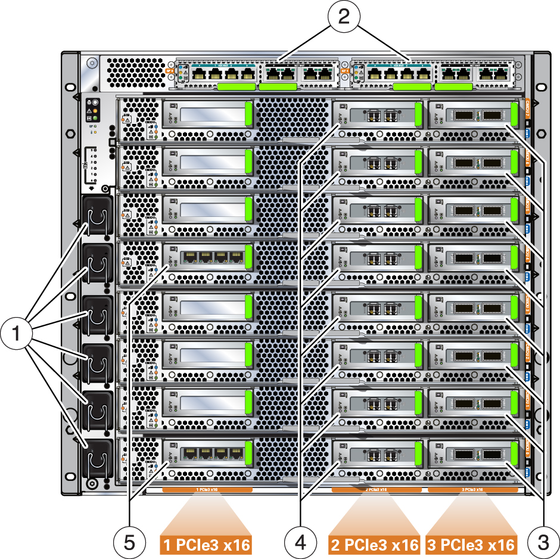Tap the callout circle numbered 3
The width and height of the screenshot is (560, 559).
[543, 542]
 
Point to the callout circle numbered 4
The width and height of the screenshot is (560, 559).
[300, 542]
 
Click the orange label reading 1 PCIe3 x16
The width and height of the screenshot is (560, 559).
[206, 544]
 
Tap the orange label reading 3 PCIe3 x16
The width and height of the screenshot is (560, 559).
[471, 544]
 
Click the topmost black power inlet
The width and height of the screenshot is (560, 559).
[96, 216]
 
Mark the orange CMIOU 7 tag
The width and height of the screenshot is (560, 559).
[527, 108]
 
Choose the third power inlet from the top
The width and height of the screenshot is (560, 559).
[96, 313]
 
